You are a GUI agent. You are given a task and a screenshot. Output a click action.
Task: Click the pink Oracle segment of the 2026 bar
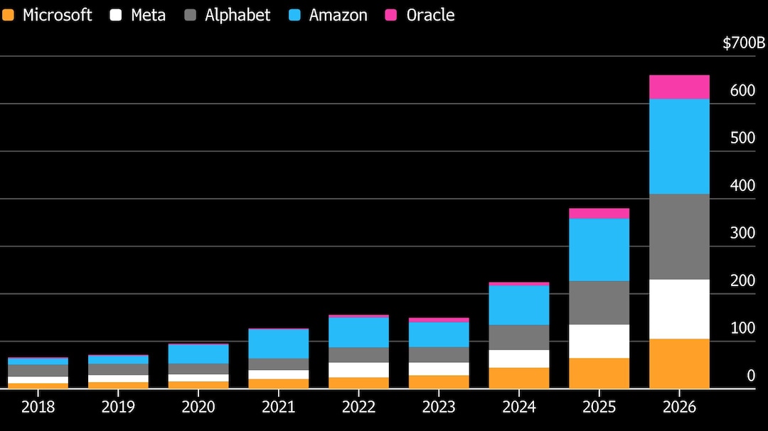(679, 87)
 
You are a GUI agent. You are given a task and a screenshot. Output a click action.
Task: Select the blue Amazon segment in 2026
(679, 146)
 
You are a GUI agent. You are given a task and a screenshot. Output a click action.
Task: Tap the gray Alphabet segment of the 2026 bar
(679, 236)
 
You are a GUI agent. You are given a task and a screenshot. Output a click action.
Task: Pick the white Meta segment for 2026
(679, 309)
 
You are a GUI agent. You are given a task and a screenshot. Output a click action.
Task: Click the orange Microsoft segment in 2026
(679, 364)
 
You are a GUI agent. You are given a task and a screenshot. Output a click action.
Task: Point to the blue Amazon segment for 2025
(599, 249)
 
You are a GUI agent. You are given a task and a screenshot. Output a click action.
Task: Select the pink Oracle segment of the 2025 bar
(599, 213)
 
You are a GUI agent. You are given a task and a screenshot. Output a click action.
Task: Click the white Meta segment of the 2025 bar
(599, 342)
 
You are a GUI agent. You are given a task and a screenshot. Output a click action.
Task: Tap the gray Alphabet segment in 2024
(518, 337)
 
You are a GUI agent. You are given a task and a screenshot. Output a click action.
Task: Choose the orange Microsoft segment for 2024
(518, 378)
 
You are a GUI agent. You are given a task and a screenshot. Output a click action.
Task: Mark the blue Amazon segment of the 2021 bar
(278, 344)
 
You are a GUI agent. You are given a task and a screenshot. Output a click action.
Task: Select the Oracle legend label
(430, 15)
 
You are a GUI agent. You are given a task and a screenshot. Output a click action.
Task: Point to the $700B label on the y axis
(744, 43)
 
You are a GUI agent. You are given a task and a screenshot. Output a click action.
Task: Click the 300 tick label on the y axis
(742, 233)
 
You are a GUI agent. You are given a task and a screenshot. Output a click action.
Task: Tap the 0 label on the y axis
(751, 376)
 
